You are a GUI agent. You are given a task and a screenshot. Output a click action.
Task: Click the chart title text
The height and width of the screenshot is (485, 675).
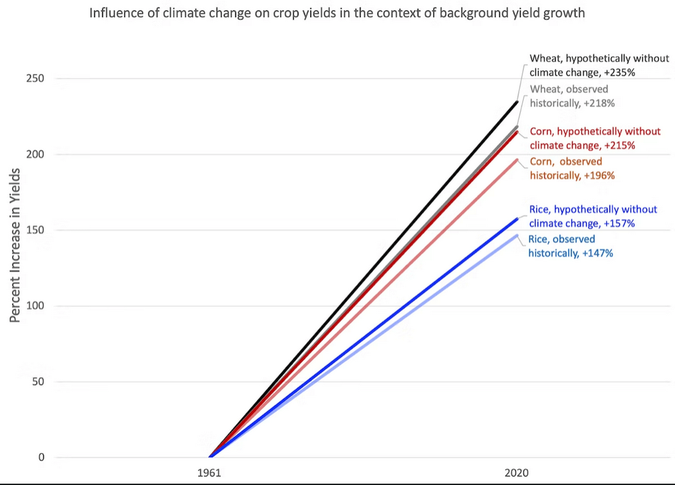pyautogui.click(x=337, y=13)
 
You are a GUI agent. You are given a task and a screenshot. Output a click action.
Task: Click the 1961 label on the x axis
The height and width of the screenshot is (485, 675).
pyautogui.click(x=210, y=473)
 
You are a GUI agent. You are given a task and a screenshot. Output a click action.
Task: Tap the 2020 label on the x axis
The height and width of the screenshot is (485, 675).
pyautogui.click(x=517, y=473)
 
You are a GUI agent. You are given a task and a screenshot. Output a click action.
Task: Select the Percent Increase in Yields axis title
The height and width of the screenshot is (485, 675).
pyautogui.click(x=15, y=246)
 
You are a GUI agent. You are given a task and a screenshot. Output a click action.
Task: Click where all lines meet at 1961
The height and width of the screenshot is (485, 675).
pyautogui.click(x=211, y=457)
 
